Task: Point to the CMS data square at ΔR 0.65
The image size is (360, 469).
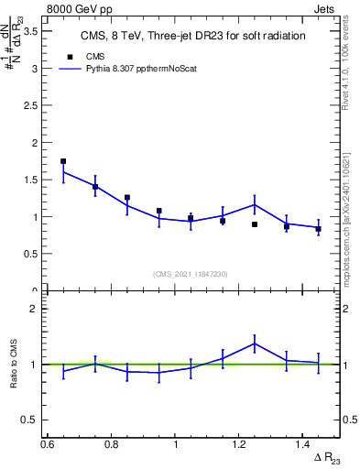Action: pyautogui.click(x=63, y=161)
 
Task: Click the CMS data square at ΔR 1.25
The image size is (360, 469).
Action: pyautogui.click(x=255, y=224)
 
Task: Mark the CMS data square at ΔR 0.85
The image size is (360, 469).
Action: pyautogui.click(x=127, y=198)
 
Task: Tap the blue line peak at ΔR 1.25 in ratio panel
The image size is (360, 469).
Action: pyautogui.click(x=255, y=344)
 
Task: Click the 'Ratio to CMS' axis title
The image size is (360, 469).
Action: pyautogui.click(x=14, y=364)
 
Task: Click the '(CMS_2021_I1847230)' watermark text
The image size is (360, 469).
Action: pyautogui.click(x=191, y=274)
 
